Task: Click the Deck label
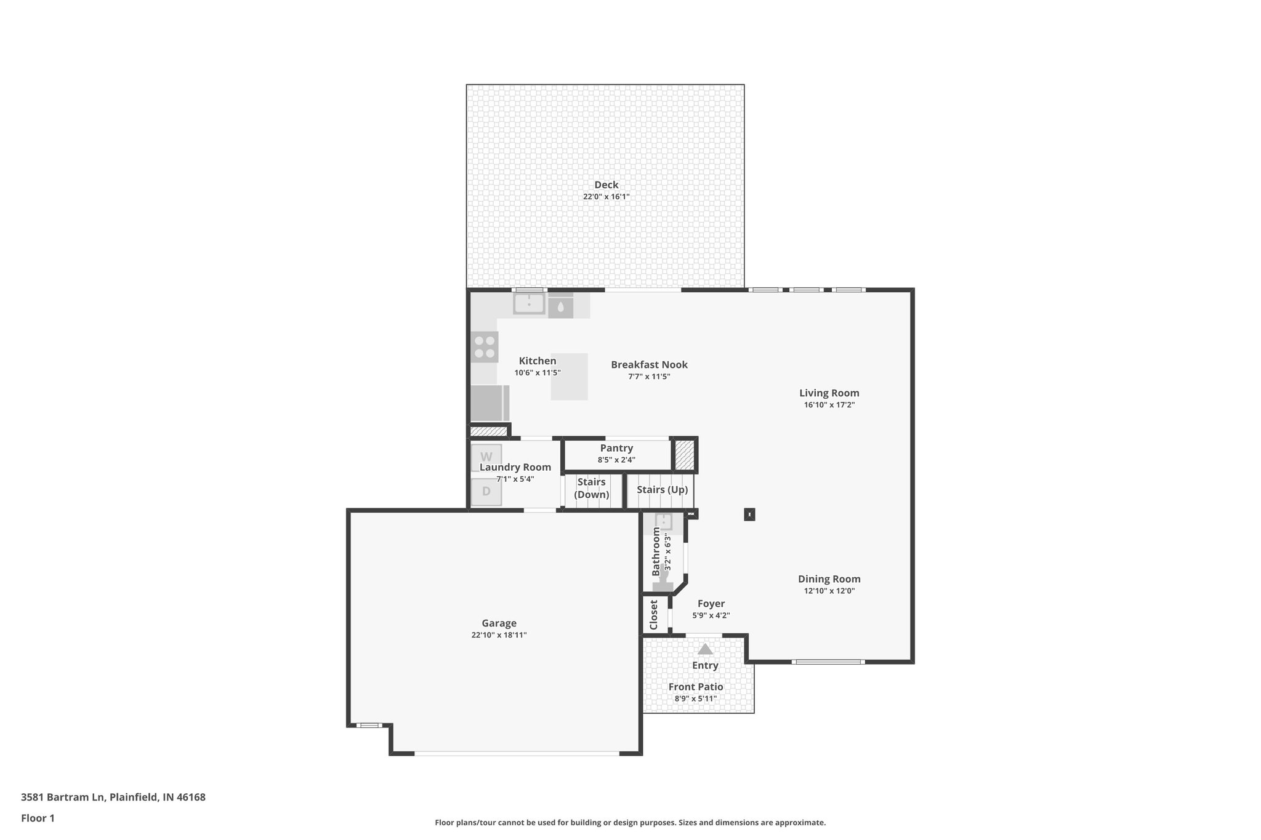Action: pyautogui.click(x=606, y=185)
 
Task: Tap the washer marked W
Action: pyautogui.click(x=486, y=457)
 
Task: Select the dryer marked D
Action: pyautogui.click(x=486, y=492)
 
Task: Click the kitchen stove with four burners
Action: pyautogui.click(x=485, y=346)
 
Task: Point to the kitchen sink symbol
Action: pyautogui.click(x=529, y=303)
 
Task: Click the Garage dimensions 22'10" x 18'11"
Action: pyautogui.click(x=498, y=635)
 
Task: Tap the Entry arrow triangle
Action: pyautogui.click(x=705, y=649)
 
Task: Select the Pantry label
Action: pyautogui.click(x=616, y=448)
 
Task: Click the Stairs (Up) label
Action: pyautogui.click(x=662, y=490)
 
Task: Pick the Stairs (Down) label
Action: pyautogui.click(x=592, y=488)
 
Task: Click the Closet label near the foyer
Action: pyautogui.click(x=654, y=614)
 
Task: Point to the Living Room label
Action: pyautogui.click(x=829, y=393)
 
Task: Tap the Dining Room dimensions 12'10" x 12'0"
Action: pyautogui.click(x=829, y=591)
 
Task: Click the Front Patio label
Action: pyautogui.click(x=696, y=687)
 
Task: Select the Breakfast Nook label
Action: pyautogui.click(x=649, y=364)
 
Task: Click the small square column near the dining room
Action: pyautogui.click(x=749, y=514)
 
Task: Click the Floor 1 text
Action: pyautogui.click(x=38, y=818)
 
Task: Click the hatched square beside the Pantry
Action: pyautogui.click(x=684, y=455)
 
